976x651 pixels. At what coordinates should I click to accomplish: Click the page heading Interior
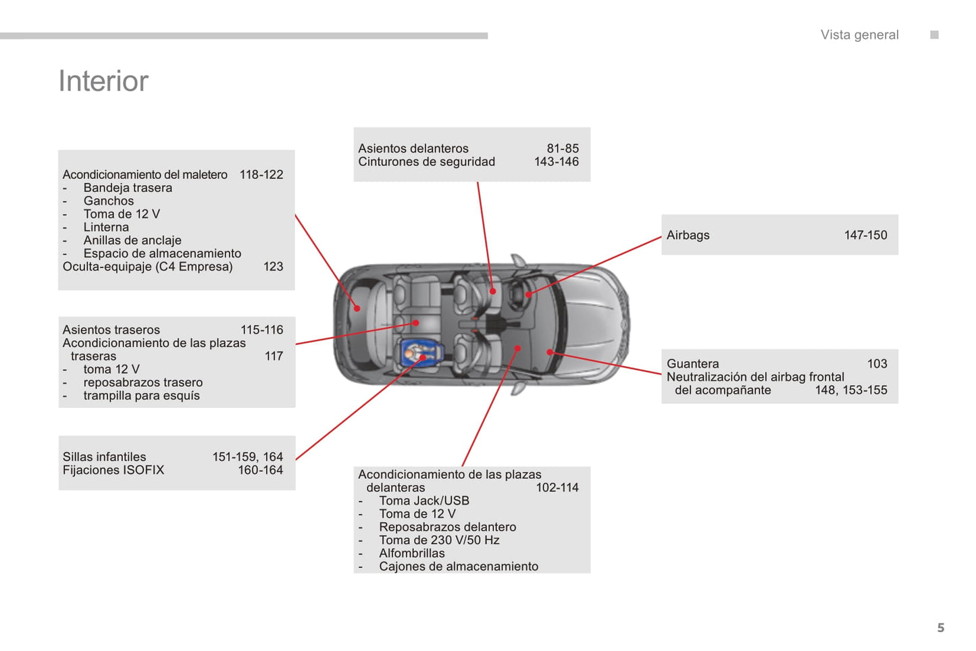[103, 81]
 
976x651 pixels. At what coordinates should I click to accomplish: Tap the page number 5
[940, 628]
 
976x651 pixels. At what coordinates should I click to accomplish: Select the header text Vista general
[859, 35]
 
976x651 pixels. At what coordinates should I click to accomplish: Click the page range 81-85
[563, 149]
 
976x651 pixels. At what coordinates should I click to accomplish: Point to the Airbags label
[688, 235]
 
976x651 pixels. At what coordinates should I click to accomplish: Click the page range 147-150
[865, 235]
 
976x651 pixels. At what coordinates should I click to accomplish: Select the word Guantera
[692, 363]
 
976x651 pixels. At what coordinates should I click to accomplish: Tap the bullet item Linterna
[106, 227]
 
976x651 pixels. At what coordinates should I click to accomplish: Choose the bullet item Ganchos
[109, 201]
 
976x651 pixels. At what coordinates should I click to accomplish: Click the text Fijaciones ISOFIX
[113, 470]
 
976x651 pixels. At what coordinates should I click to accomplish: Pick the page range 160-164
[260, 470]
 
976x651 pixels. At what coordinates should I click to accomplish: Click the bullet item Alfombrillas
[412, 553]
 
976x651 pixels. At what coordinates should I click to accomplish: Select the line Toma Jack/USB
[424, 500]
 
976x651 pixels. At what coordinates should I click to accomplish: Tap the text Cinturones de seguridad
[426, 161]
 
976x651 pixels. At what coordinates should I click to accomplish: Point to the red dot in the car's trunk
[357, 309]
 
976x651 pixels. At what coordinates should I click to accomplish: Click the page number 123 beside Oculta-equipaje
[273, 266]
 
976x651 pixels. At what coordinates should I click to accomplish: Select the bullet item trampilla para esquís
[141, 395]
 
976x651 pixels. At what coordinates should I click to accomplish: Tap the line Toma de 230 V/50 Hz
[439, 540]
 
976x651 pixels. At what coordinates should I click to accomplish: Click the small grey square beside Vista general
[934, 35]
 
